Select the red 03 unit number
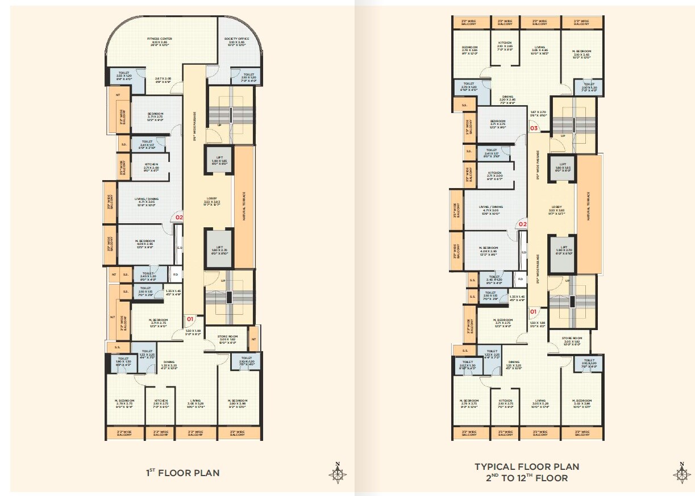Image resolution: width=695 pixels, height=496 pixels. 534,128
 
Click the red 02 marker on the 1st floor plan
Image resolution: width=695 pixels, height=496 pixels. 179,217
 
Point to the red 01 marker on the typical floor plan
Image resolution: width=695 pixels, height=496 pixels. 534,311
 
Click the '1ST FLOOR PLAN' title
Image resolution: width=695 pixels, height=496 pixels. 182,473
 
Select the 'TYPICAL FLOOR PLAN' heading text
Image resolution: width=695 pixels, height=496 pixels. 527,467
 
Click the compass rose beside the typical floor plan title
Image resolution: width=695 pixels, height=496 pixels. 682,473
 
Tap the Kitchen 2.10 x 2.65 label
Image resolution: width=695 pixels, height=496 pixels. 505,45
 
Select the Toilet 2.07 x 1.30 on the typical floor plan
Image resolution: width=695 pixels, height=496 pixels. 468,364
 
